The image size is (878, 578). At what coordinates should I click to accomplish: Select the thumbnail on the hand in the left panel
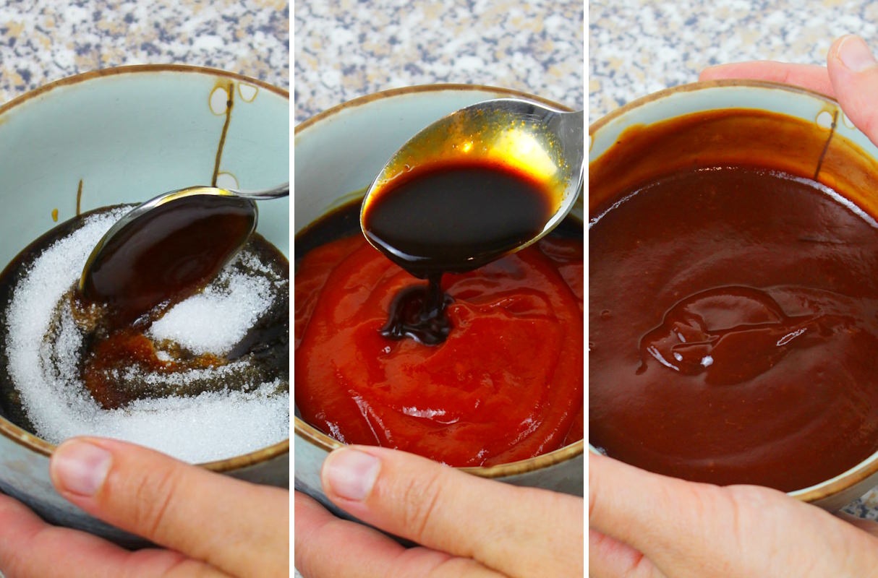80,467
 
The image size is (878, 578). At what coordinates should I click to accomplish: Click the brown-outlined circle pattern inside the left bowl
219,100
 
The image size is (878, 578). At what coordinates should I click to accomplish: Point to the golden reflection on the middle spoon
517,144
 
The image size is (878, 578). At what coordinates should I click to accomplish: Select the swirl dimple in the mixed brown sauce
723,332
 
